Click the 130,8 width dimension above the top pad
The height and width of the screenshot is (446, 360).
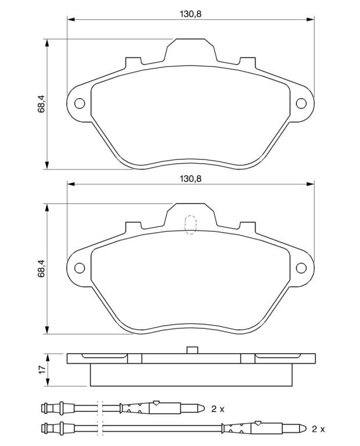[190, 14]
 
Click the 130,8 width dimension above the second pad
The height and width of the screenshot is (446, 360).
[190, 179]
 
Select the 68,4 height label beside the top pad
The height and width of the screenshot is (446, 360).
[42, 104]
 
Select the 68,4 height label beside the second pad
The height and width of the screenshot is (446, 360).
[42, 268]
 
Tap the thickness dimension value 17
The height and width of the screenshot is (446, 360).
[42, 369]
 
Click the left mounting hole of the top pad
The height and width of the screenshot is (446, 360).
[80, 103]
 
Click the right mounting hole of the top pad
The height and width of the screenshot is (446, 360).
[301, 103]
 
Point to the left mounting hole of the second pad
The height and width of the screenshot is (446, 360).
[80, 268]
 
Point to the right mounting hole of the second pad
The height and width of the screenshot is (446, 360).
[301, 268]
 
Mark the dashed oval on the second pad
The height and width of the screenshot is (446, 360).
[190, 225]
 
